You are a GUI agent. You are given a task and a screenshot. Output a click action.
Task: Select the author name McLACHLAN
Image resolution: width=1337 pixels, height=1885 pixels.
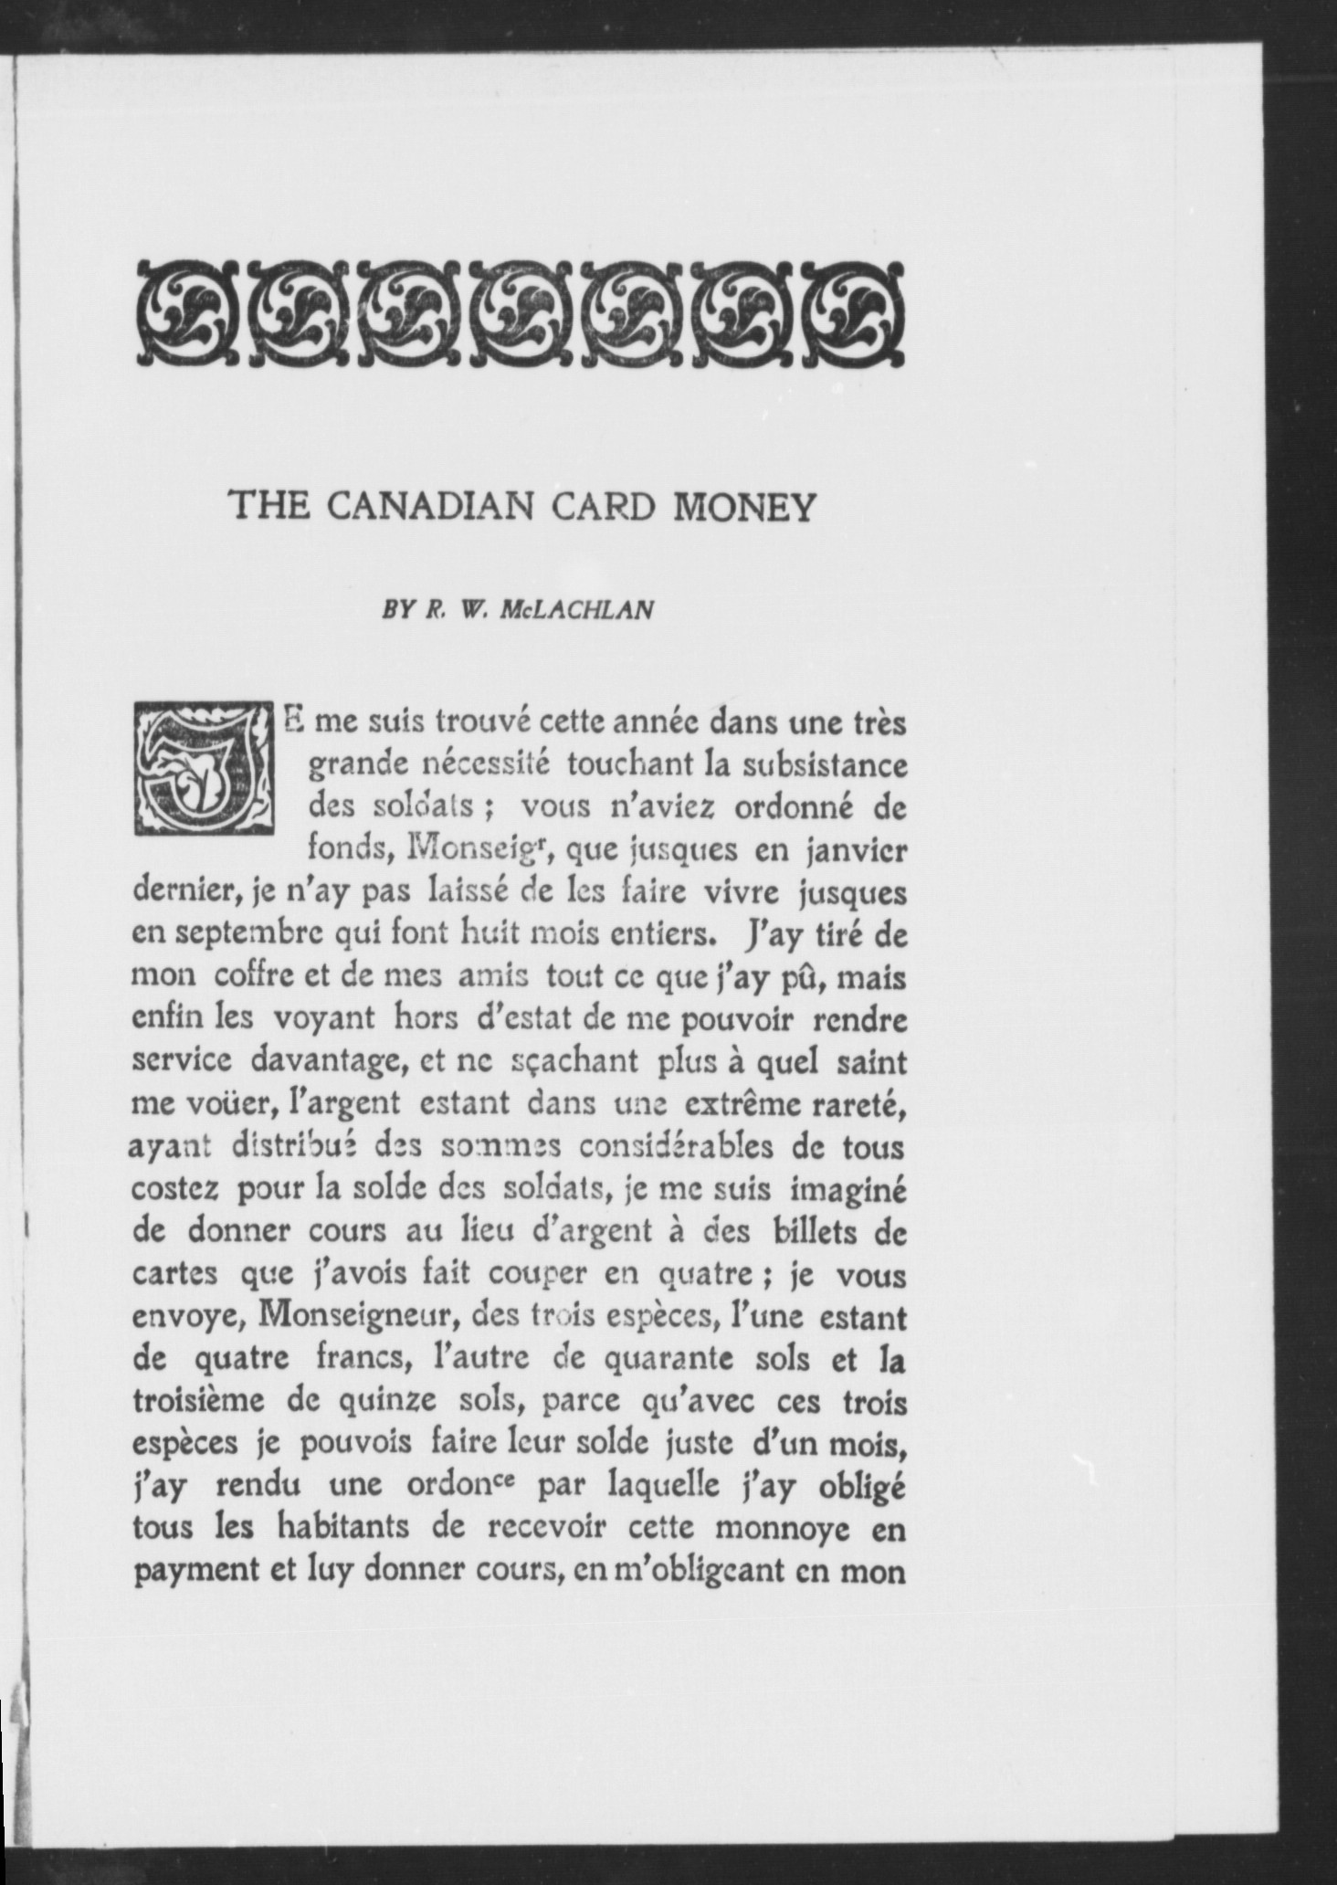pyautogui.click(x=577, y=610)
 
